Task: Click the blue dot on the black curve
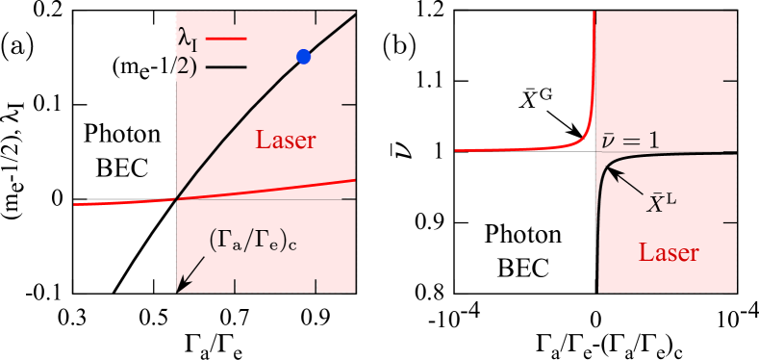pyautogui.click(x=304, y=57)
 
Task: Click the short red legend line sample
pyautogui.click(x=235, y=40)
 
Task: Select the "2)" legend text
pyautogui.click(x=190, y=67)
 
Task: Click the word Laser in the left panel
pyautogui.click(x=286, y=141)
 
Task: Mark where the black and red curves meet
pyautogui.click(x=176, y=199)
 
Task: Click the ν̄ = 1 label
pyautogui.click(x=631, y=140)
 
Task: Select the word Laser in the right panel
pyautogui.click(x=668, y=254)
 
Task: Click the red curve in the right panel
pyautogui.click(x=539, y=148)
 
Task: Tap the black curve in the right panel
pyautogui.click(x=673, y=153)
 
